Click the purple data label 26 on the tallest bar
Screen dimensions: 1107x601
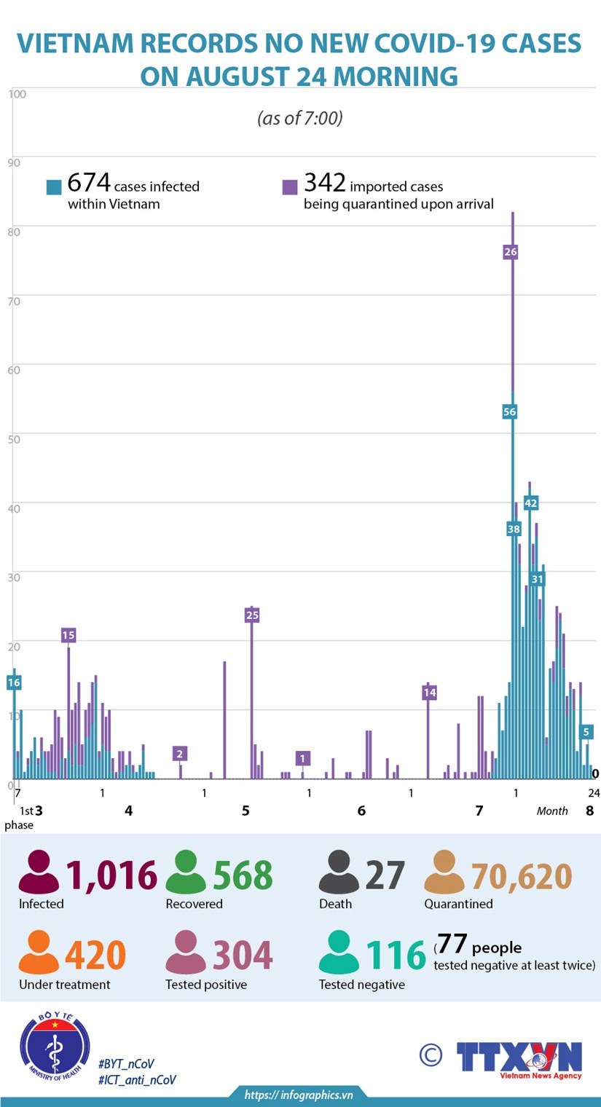coord(511,252)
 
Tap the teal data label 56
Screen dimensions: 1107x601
coord(510,411)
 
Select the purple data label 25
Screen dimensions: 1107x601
coord(252,615)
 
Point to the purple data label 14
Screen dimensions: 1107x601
coord(430,693)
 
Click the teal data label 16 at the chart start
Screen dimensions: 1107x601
coord(14,682)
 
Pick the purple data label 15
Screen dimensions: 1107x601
coord(68,635)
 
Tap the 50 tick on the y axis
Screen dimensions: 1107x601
coord(14,437)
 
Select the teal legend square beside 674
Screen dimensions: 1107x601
coord(54,187)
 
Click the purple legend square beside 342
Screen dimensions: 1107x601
coord(290,187)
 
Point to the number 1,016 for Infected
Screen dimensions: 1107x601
coord(111,875)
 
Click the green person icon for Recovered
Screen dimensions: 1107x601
coord(186,872)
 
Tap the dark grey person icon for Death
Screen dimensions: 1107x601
coord(339,872)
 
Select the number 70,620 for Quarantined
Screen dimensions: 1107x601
coord(522,875)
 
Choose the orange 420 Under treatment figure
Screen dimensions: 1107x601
coord(95,956)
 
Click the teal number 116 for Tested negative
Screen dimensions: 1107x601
coord(396,956)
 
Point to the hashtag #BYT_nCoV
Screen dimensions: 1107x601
coord(126,1064)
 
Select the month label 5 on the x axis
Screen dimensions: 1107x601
coord(245,811)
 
